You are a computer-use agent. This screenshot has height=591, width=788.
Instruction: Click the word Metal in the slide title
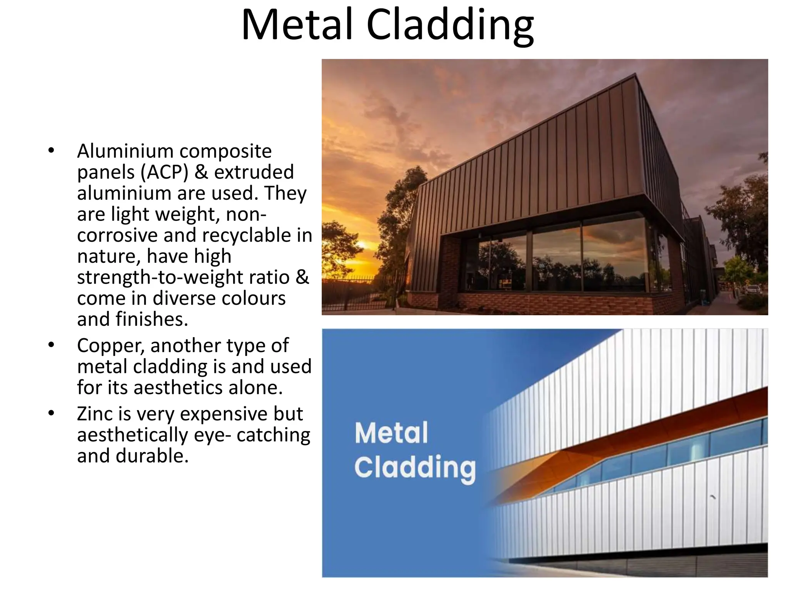(x=297, y=25)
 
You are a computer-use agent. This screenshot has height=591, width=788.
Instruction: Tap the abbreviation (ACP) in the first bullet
(x=164, y=172)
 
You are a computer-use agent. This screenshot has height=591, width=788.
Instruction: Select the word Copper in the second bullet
(x=110, y=346)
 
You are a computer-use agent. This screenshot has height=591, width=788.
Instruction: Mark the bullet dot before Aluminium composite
(x=52, y=151)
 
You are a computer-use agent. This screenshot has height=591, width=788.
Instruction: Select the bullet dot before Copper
(x=52, y=345)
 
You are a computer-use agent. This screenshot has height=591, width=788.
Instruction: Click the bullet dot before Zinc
(x=52, y=414)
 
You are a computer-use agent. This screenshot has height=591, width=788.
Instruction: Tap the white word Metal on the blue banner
(x=391, y=433)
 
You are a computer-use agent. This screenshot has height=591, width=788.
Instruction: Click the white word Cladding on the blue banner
(x=415, y=467)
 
